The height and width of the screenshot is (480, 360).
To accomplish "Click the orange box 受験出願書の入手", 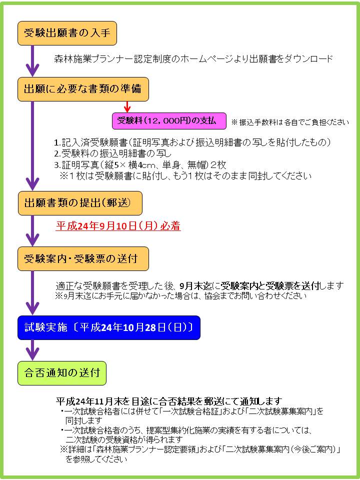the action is [67, 33].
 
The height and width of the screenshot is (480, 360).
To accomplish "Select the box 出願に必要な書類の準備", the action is [83, 89].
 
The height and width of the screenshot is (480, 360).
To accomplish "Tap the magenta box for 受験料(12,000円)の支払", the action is [169, 121].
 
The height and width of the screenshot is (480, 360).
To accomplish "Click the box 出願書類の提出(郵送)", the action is [80, 203].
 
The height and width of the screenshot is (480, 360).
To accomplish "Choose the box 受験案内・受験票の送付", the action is [83, 259].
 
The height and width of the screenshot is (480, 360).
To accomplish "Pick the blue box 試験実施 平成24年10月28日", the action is [109, 328].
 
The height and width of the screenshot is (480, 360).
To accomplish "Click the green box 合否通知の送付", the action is [62, 373].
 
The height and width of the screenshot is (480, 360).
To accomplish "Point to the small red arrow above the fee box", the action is [127, 107].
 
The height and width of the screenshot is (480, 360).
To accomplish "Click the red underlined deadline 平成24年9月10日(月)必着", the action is [118, 226].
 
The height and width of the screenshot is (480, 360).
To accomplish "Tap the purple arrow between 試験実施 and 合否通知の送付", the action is [32, 350].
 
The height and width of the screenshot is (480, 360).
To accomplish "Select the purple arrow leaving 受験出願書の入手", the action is [32, 61].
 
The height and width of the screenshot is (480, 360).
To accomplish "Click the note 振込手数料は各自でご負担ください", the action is [290, 122].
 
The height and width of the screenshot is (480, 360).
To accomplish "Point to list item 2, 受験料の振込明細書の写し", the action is [113, 153].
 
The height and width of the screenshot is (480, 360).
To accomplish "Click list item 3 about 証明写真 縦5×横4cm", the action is [140, 165].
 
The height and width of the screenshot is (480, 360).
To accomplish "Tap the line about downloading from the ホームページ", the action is [193, 58].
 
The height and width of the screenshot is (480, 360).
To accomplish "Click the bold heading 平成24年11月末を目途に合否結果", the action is [169, 401].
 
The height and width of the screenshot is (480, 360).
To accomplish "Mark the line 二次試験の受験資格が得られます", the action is [124, 440].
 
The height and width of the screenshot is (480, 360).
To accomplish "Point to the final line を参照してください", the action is [96, 459].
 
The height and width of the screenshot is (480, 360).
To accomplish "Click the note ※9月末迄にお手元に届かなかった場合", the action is [180, 296].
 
